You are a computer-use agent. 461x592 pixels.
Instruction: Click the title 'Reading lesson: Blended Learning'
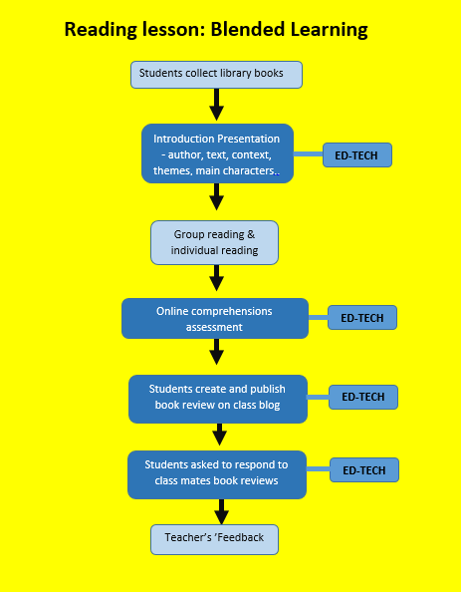tap(216, 30)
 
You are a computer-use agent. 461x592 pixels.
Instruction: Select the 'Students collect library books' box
tap(216, 73)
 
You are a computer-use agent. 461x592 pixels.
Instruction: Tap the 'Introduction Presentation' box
tap(217, 153)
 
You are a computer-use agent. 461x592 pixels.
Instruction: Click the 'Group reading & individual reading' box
tap(214, 242)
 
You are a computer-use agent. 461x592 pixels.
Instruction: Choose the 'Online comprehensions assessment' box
tap(214, 318)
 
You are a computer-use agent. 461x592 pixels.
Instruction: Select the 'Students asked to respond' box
tap(216, 473)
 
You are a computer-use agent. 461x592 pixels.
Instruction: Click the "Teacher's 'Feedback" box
tap(214, 538)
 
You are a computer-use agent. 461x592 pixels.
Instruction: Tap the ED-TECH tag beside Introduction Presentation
tap(357, 154)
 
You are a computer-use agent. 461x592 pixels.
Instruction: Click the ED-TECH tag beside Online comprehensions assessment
tap(362, 318)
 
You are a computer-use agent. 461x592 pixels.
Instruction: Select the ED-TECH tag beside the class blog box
tap(362, 397)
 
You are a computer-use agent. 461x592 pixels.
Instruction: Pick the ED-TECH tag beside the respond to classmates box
tap(364, 470)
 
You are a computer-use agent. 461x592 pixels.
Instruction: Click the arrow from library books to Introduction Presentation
tap(216, 104)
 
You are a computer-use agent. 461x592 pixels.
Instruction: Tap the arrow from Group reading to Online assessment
tap(216, 279)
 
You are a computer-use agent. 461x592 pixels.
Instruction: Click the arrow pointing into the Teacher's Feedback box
tap(221, 511)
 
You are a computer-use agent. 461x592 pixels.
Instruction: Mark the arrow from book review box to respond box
tap(220, 435)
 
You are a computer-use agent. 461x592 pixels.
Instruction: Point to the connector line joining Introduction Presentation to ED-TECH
tap(309, 154)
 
